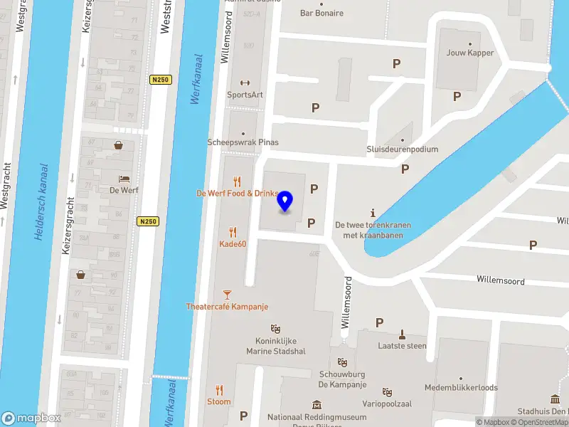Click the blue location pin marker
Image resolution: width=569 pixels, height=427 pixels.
(285, 201)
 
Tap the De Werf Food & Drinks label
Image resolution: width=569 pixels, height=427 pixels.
(236, 194)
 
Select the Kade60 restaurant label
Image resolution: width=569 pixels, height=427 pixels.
(232, 244)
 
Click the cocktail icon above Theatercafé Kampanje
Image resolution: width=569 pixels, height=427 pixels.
(227, 294)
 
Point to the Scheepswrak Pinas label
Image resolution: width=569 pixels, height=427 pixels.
(243, 142)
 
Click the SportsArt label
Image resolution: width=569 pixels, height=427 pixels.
(245, 94)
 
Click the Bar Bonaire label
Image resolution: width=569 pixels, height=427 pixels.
(321, 13)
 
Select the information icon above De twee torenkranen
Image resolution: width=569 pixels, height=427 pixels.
(373, 213)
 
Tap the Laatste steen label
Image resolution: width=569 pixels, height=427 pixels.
(402, 346)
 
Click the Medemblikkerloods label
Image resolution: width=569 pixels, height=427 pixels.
(460, 388)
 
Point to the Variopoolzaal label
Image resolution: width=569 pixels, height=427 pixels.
(387, 403)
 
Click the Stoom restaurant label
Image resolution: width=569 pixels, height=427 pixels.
(219, 401)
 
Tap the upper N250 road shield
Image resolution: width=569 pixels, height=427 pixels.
(161, 80)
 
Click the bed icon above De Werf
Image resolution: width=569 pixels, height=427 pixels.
(123, 178)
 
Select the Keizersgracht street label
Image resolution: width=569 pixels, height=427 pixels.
(68, 226)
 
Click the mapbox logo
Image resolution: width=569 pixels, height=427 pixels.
(30, 418)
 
